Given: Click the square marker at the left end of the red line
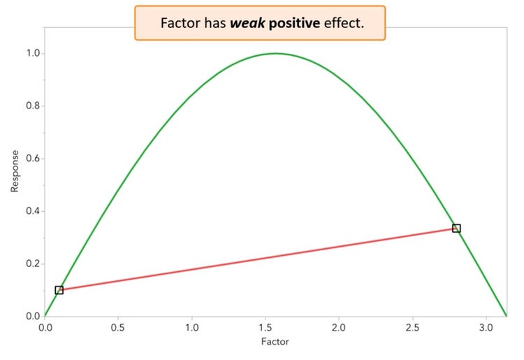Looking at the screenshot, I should click(59, 289).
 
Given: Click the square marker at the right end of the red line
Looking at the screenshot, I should click(456, 229).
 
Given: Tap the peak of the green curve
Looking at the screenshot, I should click(275, 53).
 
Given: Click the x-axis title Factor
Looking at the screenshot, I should click(275, 343).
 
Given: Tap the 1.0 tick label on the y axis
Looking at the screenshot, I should click(31, 54).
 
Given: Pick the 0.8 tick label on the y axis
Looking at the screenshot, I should click(31, 106).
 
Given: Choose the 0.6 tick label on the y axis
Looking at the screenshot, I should click(31, 159).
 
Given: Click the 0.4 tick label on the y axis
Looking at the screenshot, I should click(31, 211).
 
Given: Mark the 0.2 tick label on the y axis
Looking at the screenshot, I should click(31, 264).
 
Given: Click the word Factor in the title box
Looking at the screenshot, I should click(181, 22).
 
